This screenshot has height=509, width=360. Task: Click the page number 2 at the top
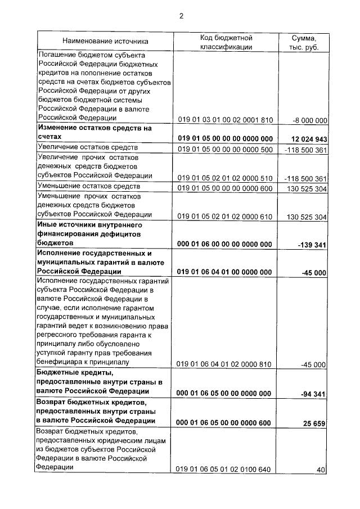point(181,16)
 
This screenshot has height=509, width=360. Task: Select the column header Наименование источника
point(105,41)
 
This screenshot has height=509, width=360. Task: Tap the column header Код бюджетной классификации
point(226,42)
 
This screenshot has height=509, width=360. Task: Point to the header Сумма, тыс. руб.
point(304,42)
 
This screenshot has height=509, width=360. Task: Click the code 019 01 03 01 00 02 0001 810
point(225,119)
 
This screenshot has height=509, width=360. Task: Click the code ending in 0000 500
point(225,150)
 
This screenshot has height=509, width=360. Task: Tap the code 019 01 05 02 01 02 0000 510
point(225,178)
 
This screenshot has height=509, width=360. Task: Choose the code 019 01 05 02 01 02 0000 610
point(225,217)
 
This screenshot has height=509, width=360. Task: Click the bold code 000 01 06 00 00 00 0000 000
point(225,244)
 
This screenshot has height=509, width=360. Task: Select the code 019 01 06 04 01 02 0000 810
point(225,364)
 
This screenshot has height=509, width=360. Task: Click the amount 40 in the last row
point(321,470)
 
